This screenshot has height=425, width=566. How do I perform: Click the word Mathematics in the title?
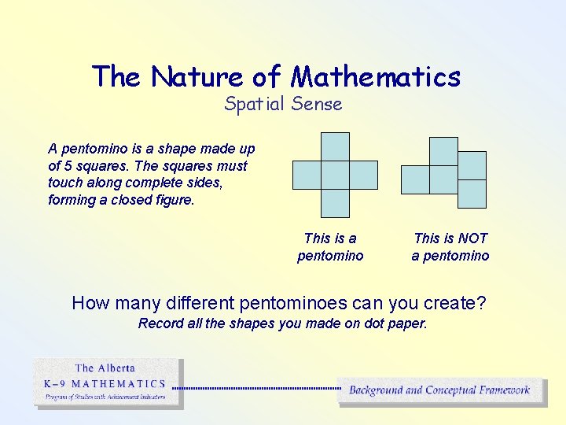[376, 76]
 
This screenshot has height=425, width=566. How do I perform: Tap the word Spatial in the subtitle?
[253, 104]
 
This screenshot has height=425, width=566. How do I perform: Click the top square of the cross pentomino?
[335, 147]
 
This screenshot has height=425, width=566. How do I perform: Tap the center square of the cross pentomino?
[335, 175]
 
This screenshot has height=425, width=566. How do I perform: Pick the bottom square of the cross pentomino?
[335, 203]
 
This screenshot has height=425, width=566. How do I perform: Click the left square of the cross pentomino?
[307, 175]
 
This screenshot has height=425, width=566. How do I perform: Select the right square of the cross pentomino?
[363, 175]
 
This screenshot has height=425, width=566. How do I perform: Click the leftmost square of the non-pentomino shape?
[415, 179]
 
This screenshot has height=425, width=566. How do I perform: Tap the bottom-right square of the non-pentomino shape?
[472, 194]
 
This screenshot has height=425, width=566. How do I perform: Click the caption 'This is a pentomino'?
[330, 247]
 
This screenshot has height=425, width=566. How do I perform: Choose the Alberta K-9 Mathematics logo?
[108, 383]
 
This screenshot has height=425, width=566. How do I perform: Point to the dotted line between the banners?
[255, 388]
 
